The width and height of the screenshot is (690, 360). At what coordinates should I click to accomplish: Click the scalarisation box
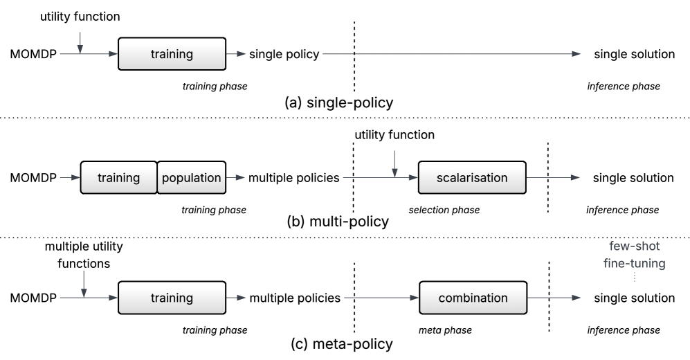click(472, 178)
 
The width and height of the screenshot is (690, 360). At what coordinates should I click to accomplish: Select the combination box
click(473, 298)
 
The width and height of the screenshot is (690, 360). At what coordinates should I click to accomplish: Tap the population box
click(191, 178)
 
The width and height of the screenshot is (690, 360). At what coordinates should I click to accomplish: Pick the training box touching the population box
click(118, 178)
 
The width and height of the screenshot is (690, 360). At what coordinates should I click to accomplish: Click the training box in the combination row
click(172, 298)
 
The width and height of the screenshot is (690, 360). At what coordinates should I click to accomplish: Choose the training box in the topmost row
click(172, 54)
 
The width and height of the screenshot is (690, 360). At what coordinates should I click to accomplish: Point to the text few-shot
click(634, 246)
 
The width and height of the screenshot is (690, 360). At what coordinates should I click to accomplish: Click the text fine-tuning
click(634, 263)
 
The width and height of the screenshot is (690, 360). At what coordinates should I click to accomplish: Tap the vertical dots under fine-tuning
click(634, 277)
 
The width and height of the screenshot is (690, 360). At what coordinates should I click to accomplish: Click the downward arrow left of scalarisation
click(394, 163)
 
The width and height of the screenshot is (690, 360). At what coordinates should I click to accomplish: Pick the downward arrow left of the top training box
click(80, 42)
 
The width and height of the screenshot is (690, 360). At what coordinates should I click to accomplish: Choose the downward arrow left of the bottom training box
click(84, 284)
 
